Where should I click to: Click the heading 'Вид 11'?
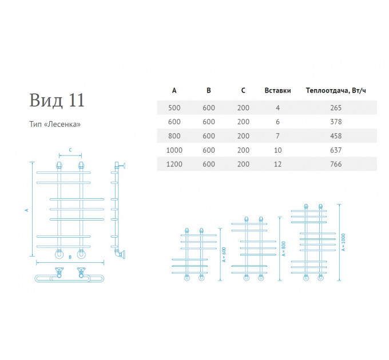(57, 101)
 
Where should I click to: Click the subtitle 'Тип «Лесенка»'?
(55, 124)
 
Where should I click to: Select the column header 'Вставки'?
(277, 90)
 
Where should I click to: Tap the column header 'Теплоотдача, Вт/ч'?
(336, 90)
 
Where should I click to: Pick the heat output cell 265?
(336, 108)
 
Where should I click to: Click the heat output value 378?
(336, 122)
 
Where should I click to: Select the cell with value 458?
(336, 136)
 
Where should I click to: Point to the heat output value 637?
(336, 150)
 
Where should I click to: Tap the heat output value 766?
(336, 164)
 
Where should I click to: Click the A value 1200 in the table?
(174, 164)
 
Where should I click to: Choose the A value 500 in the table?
(174, 108)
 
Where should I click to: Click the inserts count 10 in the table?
(277, 150)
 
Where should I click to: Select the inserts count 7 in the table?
(277, 136)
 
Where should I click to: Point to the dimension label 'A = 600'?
(224, 254)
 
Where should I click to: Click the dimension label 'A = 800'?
(284, 249)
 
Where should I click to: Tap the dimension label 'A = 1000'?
(343, 242)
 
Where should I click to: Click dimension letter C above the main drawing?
(70, 150)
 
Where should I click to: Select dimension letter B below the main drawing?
(70, 257)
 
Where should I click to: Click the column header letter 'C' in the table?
(243, 90)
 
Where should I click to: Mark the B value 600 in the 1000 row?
(209, 150)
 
